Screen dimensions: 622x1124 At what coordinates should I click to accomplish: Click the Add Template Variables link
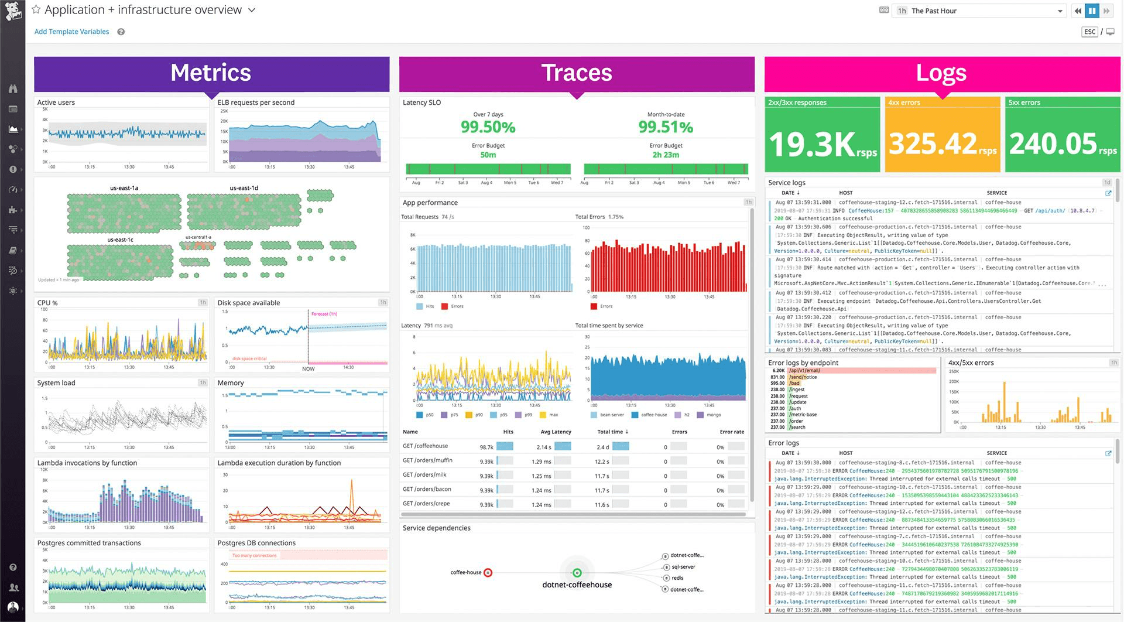click(x=71, y=32)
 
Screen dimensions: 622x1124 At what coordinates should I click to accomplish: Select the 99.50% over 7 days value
click(x=488, y=127)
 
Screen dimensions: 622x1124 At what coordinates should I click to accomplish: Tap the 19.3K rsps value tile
click(x=822, y=144)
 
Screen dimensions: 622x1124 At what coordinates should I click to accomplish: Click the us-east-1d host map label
click(x=244, y=188)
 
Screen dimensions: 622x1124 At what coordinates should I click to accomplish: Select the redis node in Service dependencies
click(x=677, y=578)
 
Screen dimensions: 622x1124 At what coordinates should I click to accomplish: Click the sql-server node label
click(x=683, y=567)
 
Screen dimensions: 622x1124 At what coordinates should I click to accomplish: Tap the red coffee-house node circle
click(x=488, y=573)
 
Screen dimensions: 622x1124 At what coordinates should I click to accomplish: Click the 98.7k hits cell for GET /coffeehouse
click(x=486, y=447)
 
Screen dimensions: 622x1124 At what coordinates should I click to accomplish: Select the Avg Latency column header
click(x=556, y=432)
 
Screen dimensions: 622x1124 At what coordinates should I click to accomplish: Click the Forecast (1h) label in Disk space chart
click(x=324, y=314)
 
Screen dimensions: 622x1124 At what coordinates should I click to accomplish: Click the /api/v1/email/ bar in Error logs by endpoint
click(x=861, y=371)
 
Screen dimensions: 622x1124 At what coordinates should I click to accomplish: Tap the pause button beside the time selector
click(x=1092, y=11)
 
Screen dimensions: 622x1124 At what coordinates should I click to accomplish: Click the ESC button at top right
click(x=1089, y=32)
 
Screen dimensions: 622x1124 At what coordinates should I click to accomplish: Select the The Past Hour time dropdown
click(x=978, y=11)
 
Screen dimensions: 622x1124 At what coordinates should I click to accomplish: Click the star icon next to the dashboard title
click(x=36, y=10)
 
